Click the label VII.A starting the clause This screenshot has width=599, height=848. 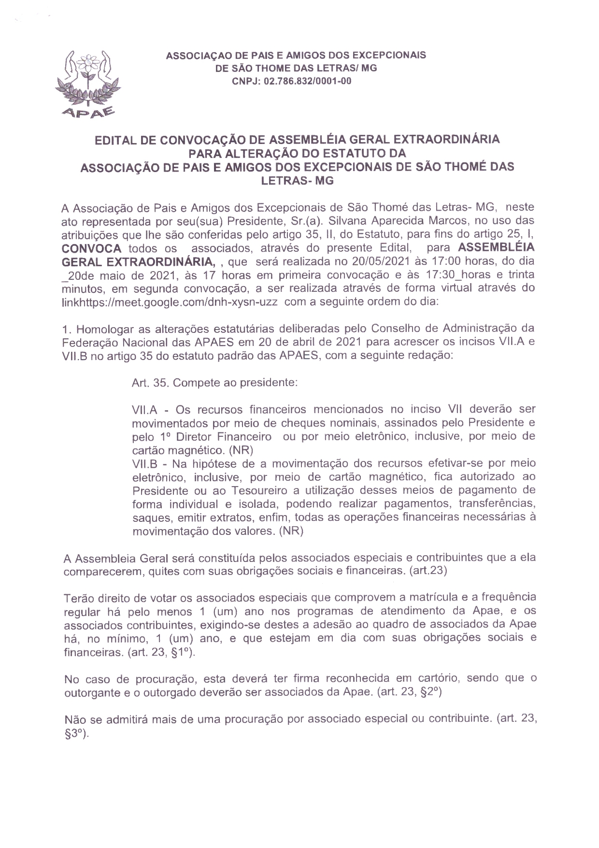[x=145, y=409]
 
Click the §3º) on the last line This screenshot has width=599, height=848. [x=77, y=733]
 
